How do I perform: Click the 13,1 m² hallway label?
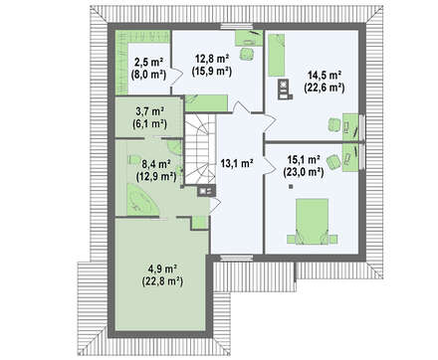(x=237, y=163)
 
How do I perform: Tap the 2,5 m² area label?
(x=148, y=62)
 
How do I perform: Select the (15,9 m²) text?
(x=211, y=72)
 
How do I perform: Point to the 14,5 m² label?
(x=325, y=76)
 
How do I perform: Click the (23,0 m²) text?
(x=304, y=172)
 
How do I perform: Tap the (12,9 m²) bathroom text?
(x=156, y=176)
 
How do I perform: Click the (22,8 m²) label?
(x=162, y=281)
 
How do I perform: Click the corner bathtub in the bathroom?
(x=141, y=200)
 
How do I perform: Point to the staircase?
(x=200, y=149)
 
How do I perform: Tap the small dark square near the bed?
(x=291, y=187)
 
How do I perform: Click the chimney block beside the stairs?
(x=206, y=191)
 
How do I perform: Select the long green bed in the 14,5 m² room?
(x=277, y=55)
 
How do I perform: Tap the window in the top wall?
(x=237, y=27)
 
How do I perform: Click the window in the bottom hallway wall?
(x=237, y=258)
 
